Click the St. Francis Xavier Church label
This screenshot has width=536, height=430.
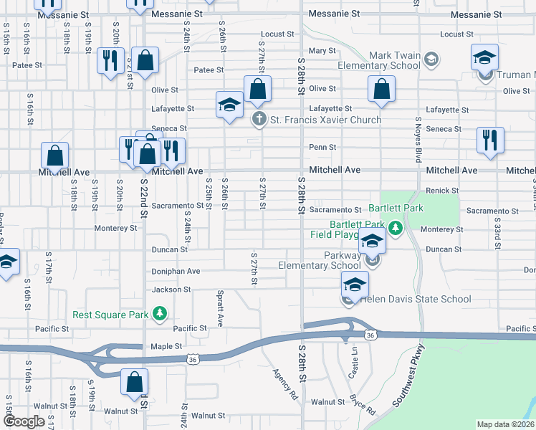325,120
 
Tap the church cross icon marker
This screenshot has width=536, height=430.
258,120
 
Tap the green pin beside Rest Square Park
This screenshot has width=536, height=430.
161,314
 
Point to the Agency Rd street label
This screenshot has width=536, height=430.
285,384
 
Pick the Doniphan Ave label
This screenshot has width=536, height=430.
176,272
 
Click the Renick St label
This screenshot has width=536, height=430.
441,191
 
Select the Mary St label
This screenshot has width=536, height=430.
322,51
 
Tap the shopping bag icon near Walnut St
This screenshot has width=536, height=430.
134,383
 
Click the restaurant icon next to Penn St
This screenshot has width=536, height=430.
490,140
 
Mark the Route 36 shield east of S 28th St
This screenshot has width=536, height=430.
370,335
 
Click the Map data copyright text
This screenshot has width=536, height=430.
505,424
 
